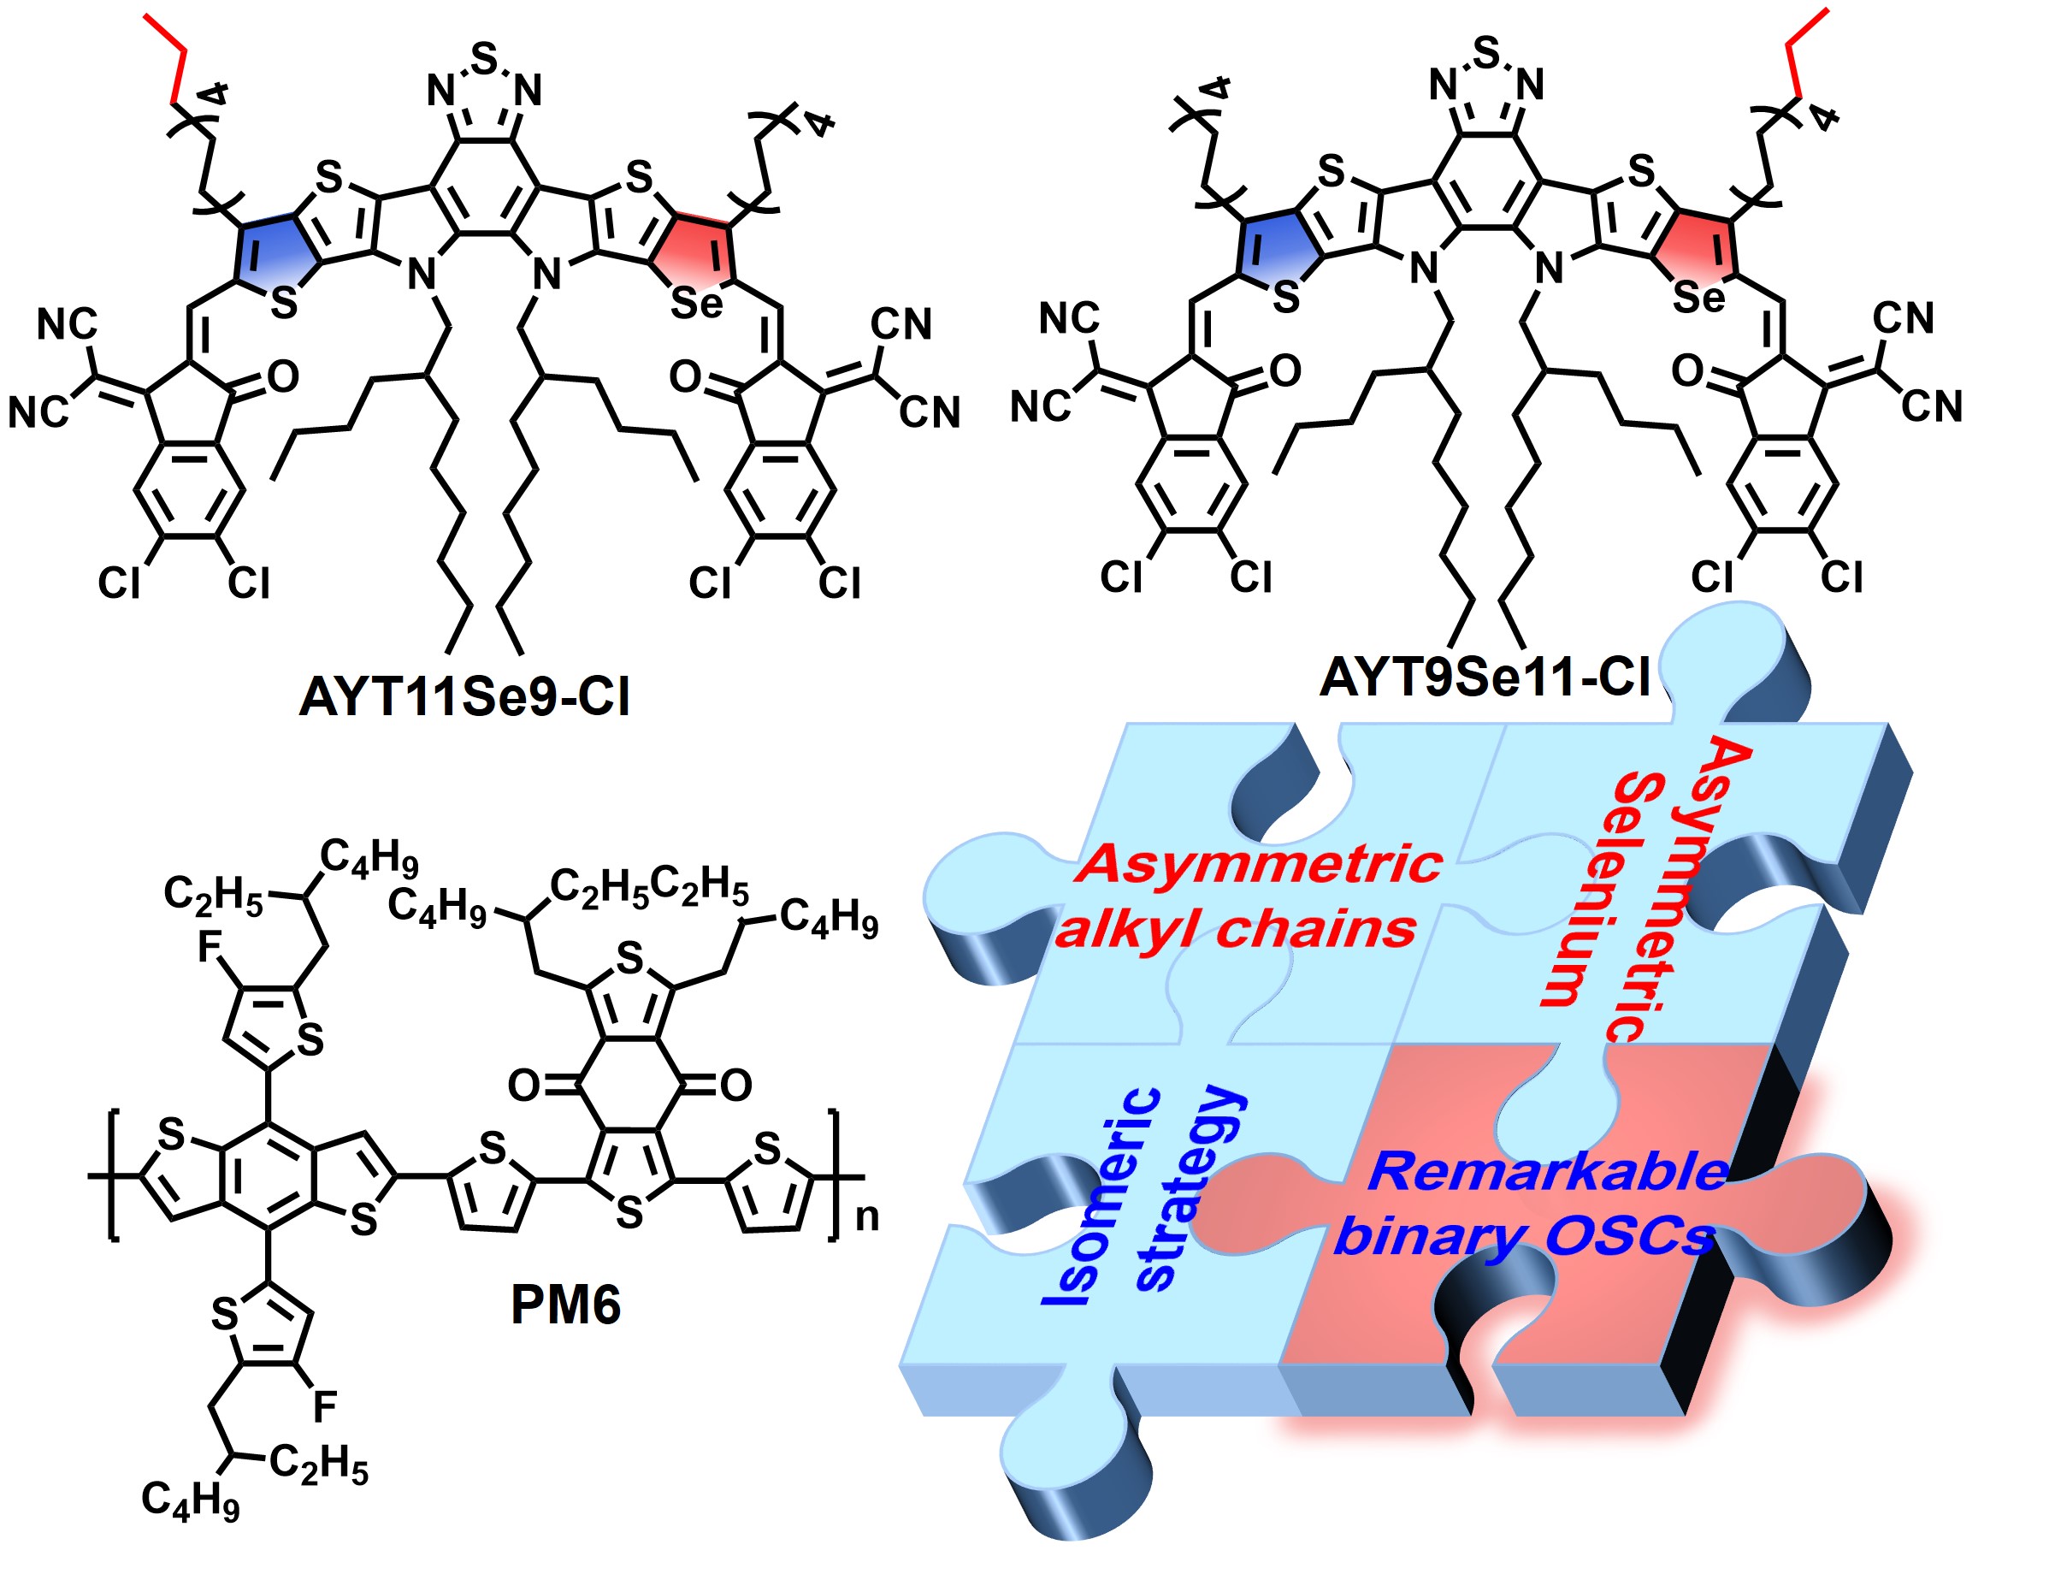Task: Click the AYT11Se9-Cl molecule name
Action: tap(464, 697)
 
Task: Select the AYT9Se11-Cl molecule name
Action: tap(1485, 677)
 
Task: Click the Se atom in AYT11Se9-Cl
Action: tap(696, 303)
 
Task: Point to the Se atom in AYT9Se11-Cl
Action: tap(1699, 299)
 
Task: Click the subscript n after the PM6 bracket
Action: tap(867, 1218)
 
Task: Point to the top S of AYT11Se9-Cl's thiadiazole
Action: tap(485, 58)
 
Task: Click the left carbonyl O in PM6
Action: tap(523, 1086)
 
